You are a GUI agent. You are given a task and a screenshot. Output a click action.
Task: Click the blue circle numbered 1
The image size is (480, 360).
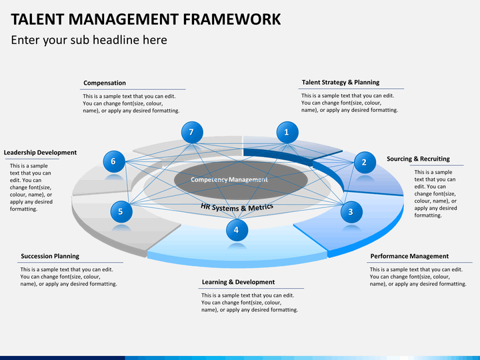[287, 132]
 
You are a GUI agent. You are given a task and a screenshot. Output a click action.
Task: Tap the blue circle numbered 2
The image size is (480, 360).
[364, 161]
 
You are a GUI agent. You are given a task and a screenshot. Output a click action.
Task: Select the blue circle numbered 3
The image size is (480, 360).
[351, 212]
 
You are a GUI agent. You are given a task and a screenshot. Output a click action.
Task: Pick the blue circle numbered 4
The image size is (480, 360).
[236, 230]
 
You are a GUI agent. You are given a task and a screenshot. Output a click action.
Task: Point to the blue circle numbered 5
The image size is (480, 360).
[121, 212]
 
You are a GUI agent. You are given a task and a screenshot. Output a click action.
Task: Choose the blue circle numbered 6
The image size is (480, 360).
[113, 161]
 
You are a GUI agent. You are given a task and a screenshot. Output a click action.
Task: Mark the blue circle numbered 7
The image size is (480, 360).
[191, 132]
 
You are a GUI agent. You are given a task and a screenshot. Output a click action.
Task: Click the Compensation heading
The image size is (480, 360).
[105, 83]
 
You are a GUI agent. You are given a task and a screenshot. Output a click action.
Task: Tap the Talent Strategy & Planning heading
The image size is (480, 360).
[340, 83]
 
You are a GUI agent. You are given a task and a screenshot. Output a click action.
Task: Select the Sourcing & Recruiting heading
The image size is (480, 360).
[418, 159]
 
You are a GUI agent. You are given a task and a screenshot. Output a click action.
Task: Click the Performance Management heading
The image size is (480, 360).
[409, 256]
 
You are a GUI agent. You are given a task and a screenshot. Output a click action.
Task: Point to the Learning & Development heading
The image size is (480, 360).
[238, 282]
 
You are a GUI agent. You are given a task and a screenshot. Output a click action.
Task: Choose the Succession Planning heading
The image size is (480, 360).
[50, 256]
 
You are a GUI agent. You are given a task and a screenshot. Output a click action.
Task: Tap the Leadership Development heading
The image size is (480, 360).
[40, 153]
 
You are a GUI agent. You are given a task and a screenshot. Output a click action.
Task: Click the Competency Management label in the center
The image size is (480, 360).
[229, 179]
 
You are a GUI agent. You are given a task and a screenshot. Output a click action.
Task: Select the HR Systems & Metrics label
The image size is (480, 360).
[237, 207]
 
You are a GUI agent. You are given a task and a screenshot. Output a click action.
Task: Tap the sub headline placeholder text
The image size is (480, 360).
[89, 40]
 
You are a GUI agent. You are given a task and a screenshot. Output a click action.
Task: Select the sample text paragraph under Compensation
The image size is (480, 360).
[131, 103]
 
